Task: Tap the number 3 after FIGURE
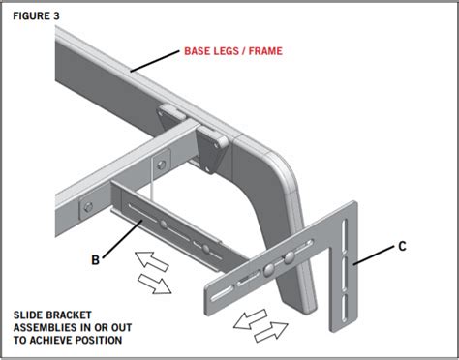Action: pyautogui.click(x=56, y=15)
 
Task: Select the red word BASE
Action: pyautogui.click(x=197, y=51)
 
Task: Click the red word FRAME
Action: pyautogui.click(x=265, y=51)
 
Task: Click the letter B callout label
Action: pyautogui.click(x=95, y=259)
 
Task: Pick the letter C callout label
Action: pyautogui.click(x=402, y=246)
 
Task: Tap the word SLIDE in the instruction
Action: pyautogui.click(x=28, y=315)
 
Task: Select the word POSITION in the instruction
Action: pyautogui.click(x=99, y=340)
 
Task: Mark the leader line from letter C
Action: pyautogui.click(x=374, y=255)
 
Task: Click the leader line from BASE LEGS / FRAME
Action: pyautogui.click(x=155, y=61)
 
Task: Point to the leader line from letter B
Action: pyautogui.click(x=122, y=239)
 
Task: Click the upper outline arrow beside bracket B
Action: pyautogui.click(x=151, y=260)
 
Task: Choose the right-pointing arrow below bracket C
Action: pyautogui.click(x=271, y=332)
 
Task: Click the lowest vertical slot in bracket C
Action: pyautogui.click(x=345, y=309)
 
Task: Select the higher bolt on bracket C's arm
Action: pyautogui.click(x=290, y=257)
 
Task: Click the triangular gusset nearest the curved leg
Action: pyautogui.click(x=211, y=149)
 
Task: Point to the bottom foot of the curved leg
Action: pyautogui.click(x=300, y=305)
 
